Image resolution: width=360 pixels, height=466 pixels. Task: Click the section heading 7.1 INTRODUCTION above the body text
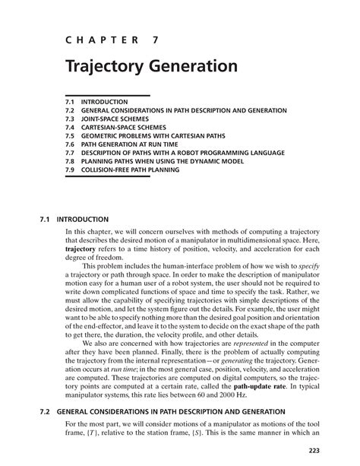tap(77, 220)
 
